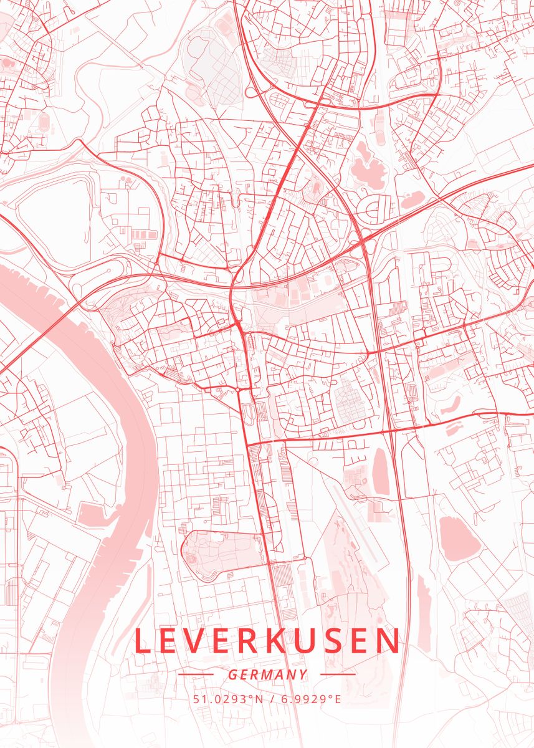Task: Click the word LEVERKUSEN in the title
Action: pos(267,641)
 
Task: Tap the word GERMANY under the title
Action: pos(267,674)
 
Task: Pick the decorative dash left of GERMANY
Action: pos(196,674)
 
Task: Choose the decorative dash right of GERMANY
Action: pos(337,674)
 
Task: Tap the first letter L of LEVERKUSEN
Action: pos(142,641)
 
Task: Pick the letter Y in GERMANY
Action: pos(303,674)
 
